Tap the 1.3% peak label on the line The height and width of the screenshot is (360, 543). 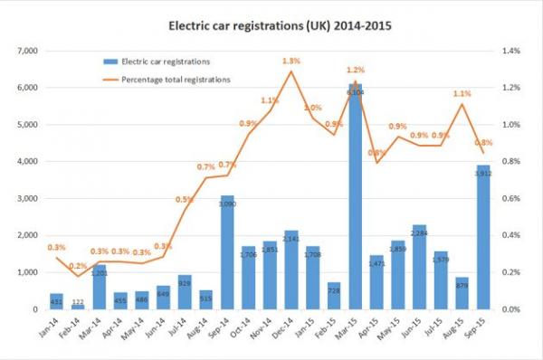(x=291, y=61)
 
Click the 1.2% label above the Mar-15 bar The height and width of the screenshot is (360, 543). (x=356, y=70)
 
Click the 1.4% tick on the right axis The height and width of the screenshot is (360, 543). (x=511, y=51)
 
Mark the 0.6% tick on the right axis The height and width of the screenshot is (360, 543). (x=511, y=198)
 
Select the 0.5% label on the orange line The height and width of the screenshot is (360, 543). (x=184, y=199)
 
